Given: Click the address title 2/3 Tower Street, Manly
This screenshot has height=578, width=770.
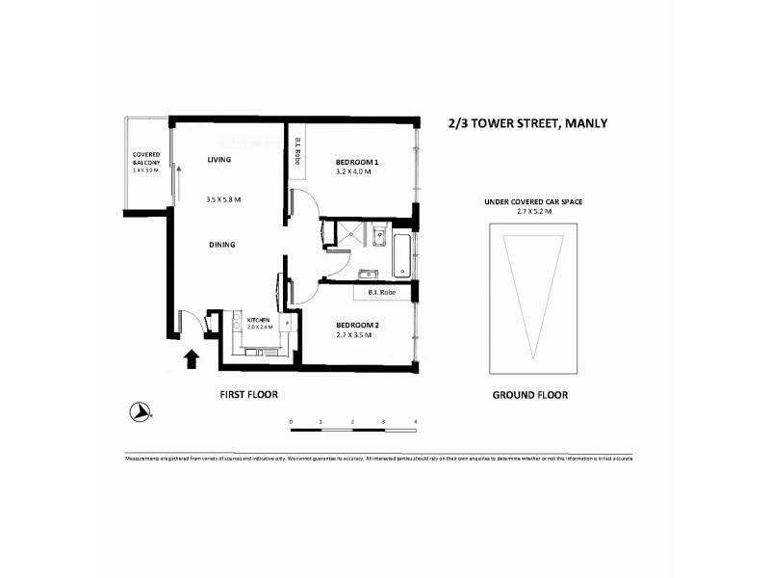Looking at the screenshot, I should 527,123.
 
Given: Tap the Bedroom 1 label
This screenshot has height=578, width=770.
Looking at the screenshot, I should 356,162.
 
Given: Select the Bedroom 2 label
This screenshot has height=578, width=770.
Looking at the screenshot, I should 356,326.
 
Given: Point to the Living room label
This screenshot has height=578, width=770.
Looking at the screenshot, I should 221,160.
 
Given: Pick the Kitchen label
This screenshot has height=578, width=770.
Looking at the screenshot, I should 258,320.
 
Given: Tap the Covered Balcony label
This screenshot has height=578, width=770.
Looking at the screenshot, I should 146,159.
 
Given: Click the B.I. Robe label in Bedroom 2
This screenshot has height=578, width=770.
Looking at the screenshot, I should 382,291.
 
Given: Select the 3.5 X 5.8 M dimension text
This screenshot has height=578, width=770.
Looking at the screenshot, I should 222,199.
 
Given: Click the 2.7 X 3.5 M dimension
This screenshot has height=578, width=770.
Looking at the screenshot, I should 356,336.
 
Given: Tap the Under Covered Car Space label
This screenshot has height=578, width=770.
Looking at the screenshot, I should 534,201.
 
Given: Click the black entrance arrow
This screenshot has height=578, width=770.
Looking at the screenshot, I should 192,359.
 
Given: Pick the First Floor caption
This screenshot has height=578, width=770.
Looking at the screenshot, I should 249,395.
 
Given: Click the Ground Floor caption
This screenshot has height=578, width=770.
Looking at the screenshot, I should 529,395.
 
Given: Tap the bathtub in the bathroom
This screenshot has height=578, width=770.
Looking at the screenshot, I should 401,255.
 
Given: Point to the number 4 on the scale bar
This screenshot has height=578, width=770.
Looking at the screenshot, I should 415,422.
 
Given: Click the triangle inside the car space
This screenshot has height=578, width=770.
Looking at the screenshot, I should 534,289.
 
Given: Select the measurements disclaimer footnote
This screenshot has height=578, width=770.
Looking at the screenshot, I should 378,459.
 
